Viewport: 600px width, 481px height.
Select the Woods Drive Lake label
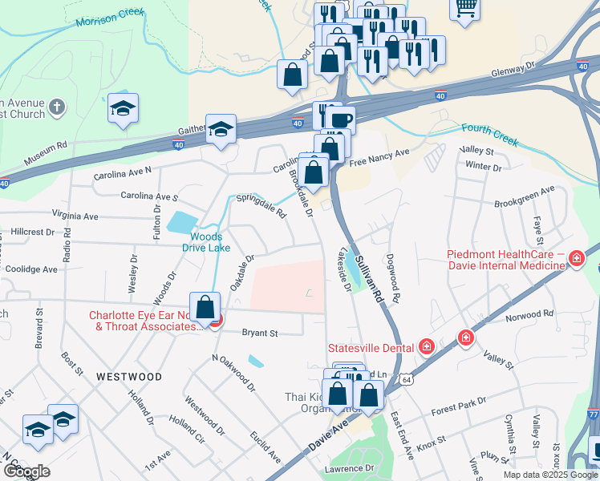coord(207,242)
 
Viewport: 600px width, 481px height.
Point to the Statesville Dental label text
coord(371,347)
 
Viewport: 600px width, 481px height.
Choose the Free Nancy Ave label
coord(379,153)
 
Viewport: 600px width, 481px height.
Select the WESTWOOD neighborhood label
coord(129,376)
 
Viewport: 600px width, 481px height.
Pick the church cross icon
coord(56,107)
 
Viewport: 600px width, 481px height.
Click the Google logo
coord(26,471)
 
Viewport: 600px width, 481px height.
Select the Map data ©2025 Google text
coord(549,475)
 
